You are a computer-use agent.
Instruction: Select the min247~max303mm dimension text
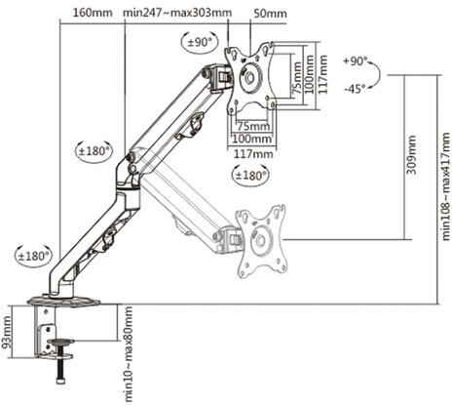[x=178, y=13]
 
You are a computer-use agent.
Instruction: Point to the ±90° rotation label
[x=201, y=43]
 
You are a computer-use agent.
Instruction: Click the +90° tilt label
[x=357, y=61]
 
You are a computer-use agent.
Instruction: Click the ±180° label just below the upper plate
[x=249, y=176]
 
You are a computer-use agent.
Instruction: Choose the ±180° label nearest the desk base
[x=32, y=256]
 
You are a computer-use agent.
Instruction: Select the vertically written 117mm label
[x=311, y=74]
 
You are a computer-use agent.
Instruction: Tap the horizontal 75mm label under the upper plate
[x=252, y=126]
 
